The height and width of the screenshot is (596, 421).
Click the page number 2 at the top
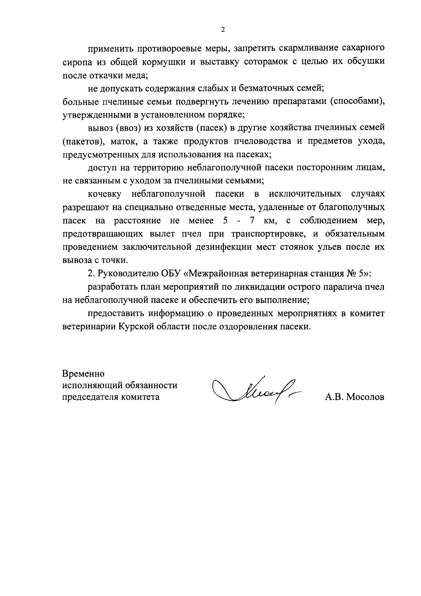coord(223,30)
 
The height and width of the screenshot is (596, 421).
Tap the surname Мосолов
coord(365,397)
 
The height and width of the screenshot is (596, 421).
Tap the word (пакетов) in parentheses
coord(84,142)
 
